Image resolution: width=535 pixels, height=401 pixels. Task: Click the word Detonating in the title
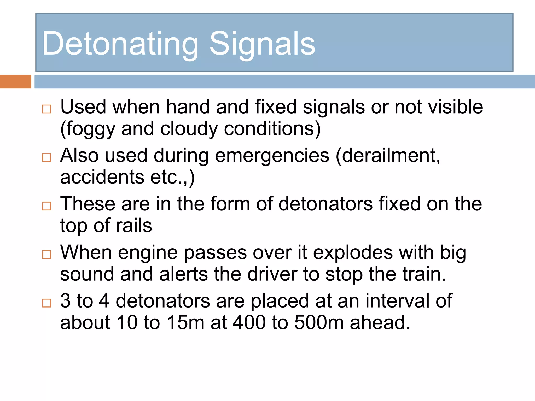point(120,44)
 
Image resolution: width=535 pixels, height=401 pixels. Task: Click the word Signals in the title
point(262,44)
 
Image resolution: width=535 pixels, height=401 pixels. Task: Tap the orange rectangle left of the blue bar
point(15,81)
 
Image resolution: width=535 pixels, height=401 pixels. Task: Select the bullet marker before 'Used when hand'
point(46,109)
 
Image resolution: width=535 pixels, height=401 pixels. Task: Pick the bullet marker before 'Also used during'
point(46,157)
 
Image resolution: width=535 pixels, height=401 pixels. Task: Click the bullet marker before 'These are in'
point(46,206)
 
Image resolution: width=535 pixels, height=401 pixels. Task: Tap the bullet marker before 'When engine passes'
point(46,255)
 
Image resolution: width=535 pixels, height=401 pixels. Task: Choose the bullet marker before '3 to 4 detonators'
point(46,303)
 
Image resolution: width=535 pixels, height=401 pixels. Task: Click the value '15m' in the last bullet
point(185,323)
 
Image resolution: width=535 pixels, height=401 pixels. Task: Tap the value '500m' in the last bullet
point(319,323)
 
